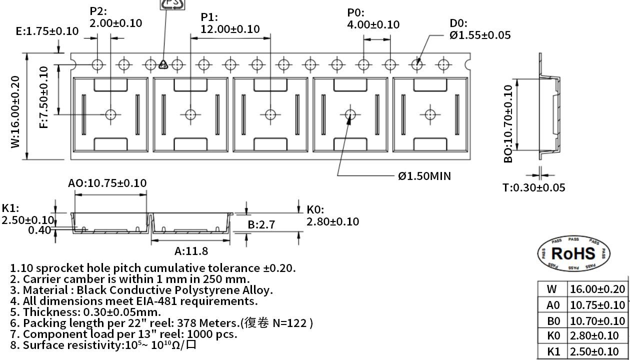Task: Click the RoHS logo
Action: click(574, 253)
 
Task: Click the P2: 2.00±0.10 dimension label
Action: click(116, 17)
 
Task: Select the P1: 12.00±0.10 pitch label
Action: click(230, 23)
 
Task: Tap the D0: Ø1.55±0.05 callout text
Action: click(480, 29)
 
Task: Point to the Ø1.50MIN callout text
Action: click(424, 176)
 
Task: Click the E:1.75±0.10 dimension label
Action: click(47, 31)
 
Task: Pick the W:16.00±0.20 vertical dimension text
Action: click(15, 112)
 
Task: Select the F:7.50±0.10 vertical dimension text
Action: click(43, 97)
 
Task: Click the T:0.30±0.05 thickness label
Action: click(534, 187)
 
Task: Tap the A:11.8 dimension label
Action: click(191, 251)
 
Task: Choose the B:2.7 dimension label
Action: click(261, 224)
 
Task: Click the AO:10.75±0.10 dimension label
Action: click(107, 183)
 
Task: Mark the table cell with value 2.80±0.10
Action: click(594, 335)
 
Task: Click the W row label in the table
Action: click(552, 289)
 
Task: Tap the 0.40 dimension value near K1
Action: click(39, 230)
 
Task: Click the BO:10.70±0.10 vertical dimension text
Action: click(508, 124)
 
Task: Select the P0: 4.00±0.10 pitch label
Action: click(373, 18)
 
